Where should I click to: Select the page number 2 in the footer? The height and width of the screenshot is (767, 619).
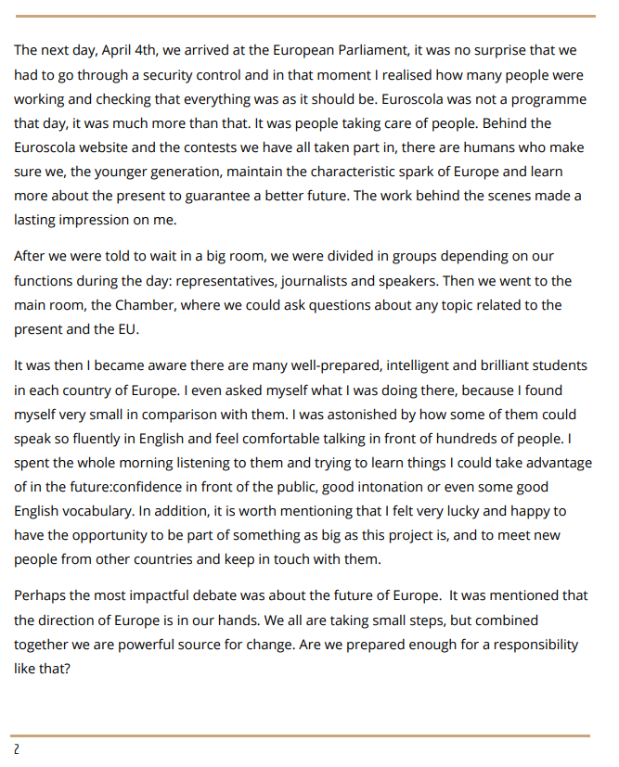coord(16,748)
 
